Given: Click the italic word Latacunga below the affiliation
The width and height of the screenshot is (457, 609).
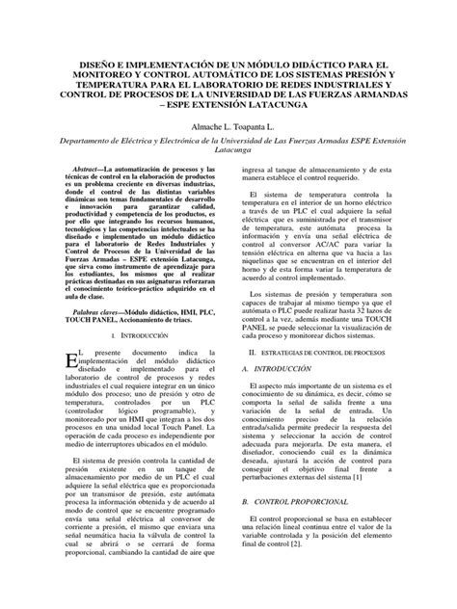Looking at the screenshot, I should [228, 150].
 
